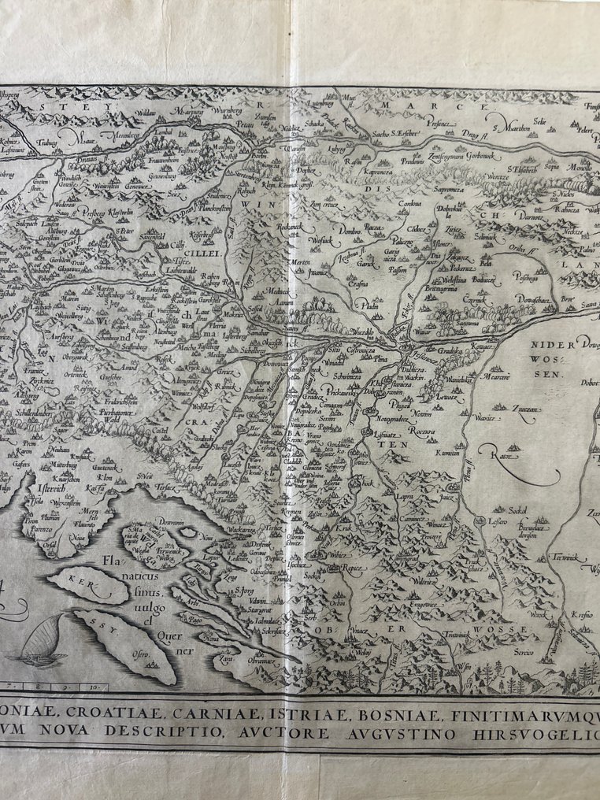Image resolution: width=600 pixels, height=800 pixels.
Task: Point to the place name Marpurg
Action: point(188,113)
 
